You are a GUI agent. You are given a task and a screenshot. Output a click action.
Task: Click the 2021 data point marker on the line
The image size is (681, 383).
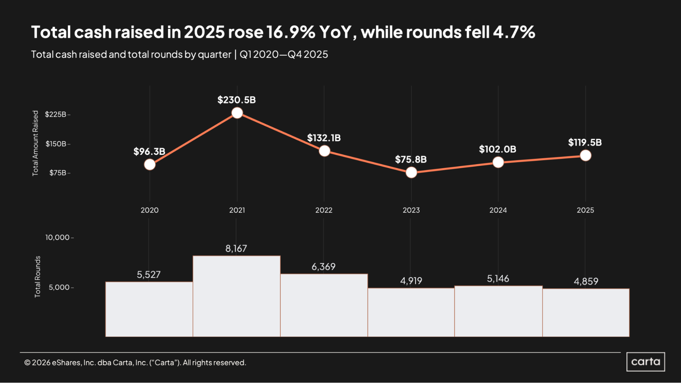tap(237, 113)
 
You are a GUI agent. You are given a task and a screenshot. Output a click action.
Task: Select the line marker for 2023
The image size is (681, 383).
tap(411, 173)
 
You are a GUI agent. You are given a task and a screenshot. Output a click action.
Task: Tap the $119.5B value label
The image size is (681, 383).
tap(585, 142)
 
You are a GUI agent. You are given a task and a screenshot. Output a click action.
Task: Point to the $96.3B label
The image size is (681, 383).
tap(149, 151)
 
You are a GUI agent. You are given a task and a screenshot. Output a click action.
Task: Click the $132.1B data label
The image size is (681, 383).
tap(324, 138)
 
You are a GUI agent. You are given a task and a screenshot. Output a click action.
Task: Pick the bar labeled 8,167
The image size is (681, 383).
tap(236, 296)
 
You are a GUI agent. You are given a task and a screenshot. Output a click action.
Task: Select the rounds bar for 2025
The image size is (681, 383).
tap(586, 313)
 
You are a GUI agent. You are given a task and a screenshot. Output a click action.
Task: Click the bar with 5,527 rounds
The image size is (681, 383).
tap(149, 309)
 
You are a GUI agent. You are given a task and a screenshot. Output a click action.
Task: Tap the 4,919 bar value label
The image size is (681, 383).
tap(411, 281)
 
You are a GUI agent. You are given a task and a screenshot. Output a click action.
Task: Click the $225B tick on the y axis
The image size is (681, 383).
tap(56, 114)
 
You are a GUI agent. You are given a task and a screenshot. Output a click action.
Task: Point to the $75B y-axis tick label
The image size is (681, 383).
tap(58, 173)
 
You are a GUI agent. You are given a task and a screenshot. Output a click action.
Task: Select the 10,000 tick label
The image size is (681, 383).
tap(58, 237)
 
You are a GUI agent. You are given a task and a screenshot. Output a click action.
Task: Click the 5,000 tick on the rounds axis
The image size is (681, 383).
tap(59, 287)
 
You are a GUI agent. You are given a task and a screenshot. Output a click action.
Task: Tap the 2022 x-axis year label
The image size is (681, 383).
tap(324, 210)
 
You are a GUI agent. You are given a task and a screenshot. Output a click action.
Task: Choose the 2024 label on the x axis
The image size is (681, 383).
tap(498, 210)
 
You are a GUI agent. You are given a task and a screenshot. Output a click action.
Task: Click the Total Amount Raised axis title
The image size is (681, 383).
tap(35, 143)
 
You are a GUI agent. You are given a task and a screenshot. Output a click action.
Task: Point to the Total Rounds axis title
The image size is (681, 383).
tap(37, 276)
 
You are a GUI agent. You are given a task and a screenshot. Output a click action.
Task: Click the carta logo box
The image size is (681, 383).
tap(645, 362)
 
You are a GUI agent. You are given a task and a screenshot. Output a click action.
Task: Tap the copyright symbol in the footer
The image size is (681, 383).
tap(27, 363)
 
